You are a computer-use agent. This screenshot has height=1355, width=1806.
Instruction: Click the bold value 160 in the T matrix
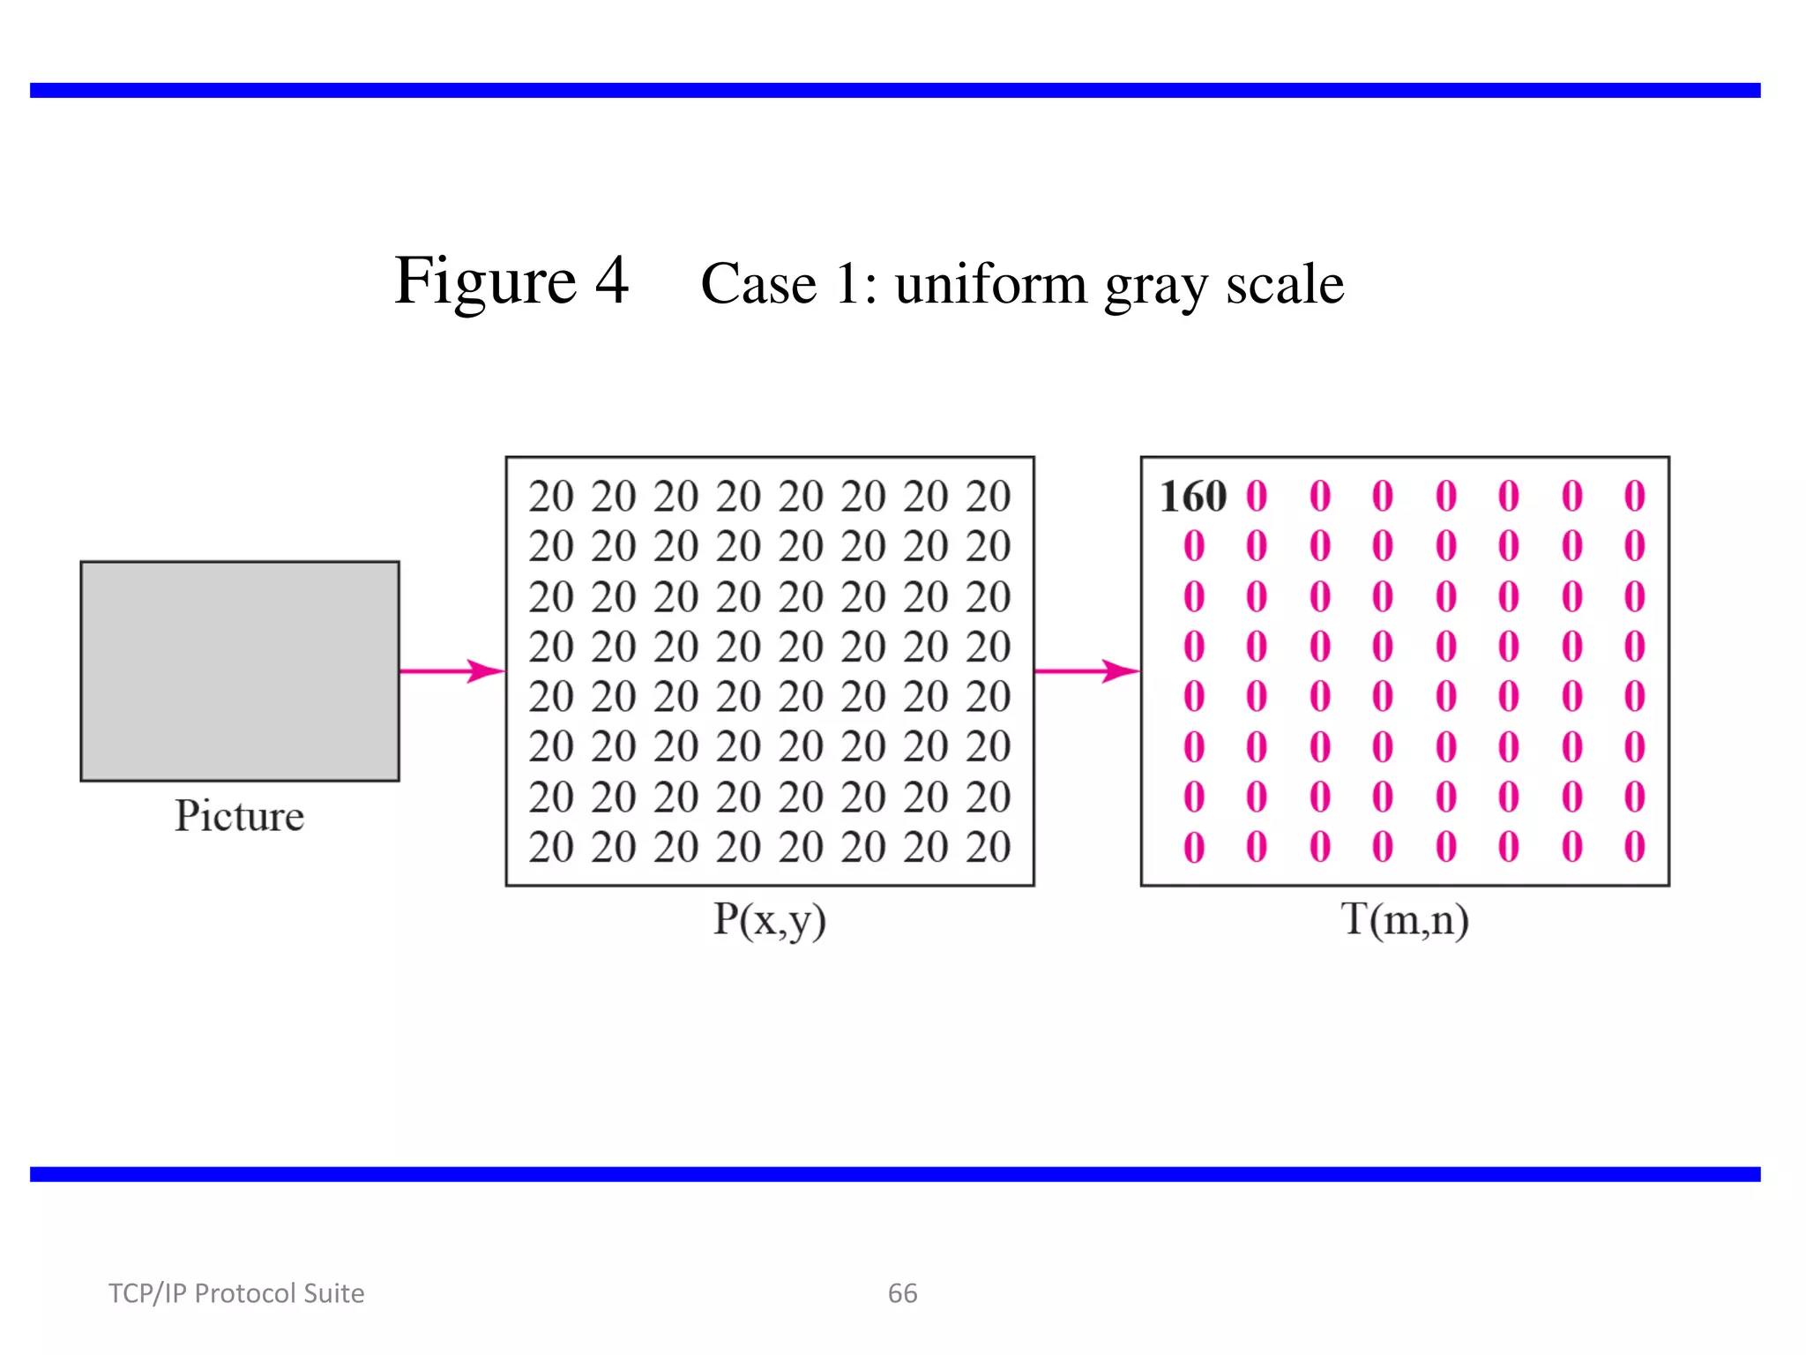pyautogui.click(x=1192, y=497)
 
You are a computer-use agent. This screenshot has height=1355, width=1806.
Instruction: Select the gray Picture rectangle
pyautogui.click(x=240, y=670)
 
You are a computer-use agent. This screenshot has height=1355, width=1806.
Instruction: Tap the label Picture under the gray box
pyautogui.click(x=239, y=816)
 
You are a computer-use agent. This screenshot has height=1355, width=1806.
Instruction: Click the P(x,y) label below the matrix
pyautogui.click(x=769, y=920)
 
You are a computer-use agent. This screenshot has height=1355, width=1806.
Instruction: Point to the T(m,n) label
pyautogui.click(x=1405, y=920)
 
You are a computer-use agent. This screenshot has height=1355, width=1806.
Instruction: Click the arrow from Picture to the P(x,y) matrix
pyautogui.click(x=451, y=671)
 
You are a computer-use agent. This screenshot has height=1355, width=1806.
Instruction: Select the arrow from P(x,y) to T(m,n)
pyautogui.click(x=1086, y=671)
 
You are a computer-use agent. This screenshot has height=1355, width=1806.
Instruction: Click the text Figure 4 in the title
pyautogui.click(x=511, y=281)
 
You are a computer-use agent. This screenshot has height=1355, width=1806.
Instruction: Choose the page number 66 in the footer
pyautogui.click(x=902, y=1293)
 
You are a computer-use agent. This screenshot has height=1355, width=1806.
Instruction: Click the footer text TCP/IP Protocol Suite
pyautogui.click(x=236, y=1293)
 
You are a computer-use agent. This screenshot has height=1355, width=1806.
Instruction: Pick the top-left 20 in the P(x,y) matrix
pyautogui.click(x=551, y=497)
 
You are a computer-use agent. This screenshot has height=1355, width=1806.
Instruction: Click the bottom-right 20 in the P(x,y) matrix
pyautogui.click(x=988, y=848)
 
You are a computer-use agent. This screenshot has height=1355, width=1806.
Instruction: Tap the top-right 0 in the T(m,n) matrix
pyautogui.click(x=1634, y=497)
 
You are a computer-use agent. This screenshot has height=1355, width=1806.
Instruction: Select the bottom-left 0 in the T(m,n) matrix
pyautogui.click(x=1194, y=848)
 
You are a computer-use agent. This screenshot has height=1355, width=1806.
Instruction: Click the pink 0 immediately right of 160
pyautogui.click(x=1257, y=497)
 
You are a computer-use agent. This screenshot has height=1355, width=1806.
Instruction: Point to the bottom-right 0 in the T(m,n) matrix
pyautogui.click(x=1634, y=848)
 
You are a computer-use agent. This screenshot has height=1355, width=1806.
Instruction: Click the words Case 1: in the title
pyautogui.click(x=788, y=285)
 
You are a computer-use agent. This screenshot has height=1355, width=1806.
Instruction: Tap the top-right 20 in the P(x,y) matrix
pyautogui.click(x=988, y=497)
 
